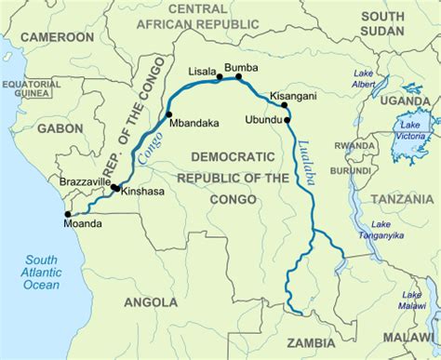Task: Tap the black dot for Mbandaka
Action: click(168, 115)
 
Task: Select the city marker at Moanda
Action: click(68, 213)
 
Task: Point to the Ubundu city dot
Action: click(287, 120)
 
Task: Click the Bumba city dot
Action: click(239, 78)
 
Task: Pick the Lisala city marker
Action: click(220, 78)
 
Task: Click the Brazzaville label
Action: click(86, 181)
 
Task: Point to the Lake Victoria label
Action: click(410, 131)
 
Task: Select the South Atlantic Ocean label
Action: click(42, 271)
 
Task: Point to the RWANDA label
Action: click(355, 146)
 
